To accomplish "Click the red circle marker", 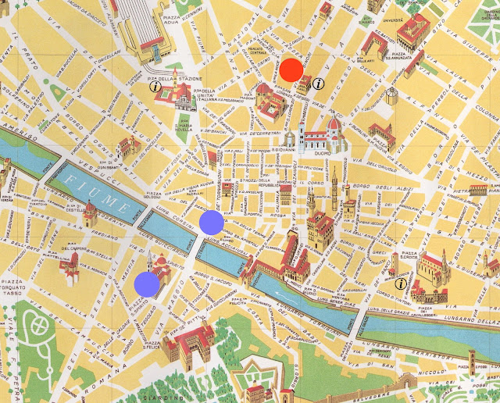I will pyautogui.click(x=291, y=70).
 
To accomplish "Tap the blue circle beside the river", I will pyautogui.click(x=212, y=223).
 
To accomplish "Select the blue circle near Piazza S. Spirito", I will pyautogui.click(x=146, y=284).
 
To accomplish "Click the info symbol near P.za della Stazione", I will pyautogui.click(x=156, y=87).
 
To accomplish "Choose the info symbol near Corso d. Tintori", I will pyautogui.click(x=402, y=284).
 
